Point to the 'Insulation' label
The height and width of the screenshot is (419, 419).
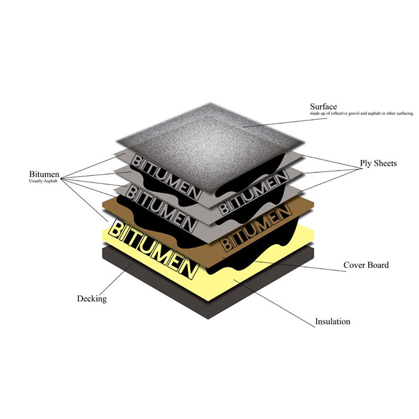[333, 321]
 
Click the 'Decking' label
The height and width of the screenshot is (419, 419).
[92, 298]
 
